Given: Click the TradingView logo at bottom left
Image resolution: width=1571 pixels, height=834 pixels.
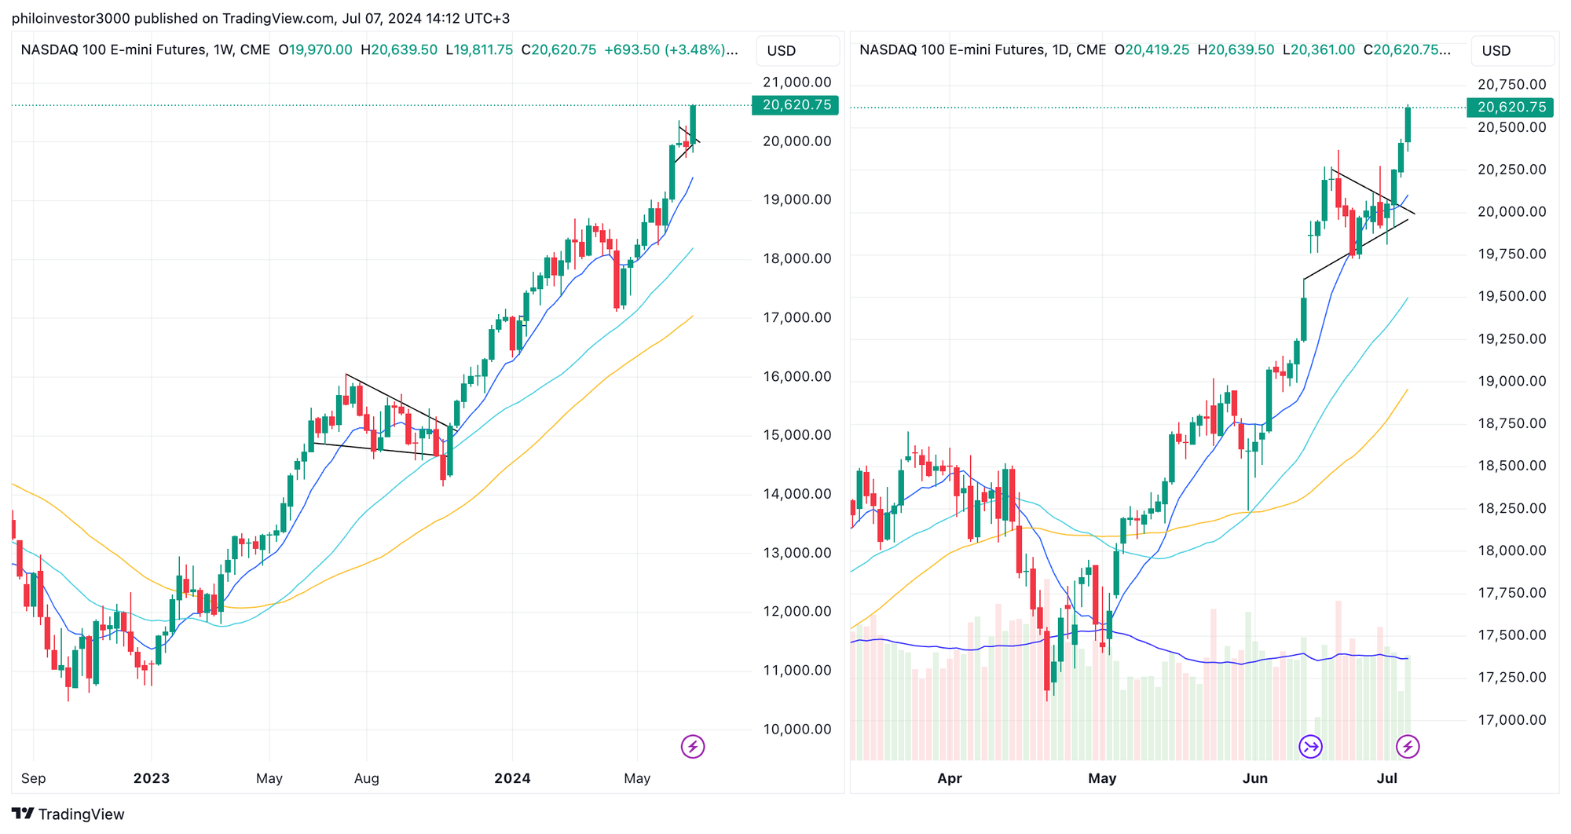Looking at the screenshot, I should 68,814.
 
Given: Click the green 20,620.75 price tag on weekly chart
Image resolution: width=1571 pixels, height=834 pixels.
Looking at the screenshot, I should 795,105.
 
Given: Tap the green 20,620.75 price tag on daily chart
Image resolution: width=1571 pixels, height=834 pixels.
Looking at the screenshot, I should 1510,108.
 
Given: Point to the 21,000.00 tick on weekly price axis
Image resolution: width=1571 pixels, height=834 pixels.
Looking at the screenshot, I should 796,82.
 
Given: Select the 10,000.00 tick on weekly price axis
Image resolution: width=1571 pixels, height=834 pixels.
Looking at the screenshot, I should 796,729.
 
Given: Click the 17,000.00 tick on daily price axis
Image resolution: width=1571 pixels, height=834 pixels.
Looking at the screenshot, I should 1511,719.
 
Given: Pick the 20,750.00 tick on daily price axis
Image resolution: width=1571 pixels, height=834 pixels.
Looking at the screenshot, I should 1511,85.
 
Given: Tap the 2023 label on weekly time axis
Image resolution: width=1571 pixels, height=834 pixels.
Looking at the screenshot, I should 151,778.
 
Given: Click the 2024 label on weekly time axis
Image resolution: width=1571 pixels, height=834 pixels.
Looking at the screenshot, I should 512,778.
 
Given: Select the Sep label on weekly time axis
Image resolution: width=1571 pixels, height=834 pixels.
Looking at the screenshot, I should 33,778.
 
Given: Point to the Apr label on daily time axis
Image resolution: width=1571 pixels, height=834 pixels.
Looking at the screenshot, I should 950,778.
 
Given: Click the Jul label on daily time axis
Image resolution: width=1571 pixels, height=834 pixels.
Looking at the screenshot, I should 1387,778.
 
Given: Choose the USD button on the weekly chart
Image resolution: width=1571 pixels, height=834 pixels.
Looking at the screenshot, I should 782,51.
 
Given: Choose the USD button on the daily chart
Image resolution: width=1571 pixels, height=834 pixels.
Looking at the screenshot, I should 1496,51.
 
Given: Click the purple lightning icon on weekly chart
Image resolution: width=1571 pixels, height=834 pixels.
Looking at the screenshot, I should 693,746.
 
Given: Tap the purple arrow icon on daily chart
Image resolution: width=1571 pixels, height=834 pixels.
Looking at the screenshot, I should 1310,746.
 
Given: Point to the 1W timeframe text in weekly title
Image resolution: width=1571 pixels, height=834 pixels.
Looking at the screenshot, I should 223,50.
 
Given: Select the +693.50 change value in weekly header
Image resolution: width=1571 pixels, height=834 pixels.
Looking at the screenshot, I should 632,50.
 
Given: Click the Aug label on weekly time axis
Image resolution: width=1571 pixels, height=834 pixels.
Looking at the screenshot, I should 366,778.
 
